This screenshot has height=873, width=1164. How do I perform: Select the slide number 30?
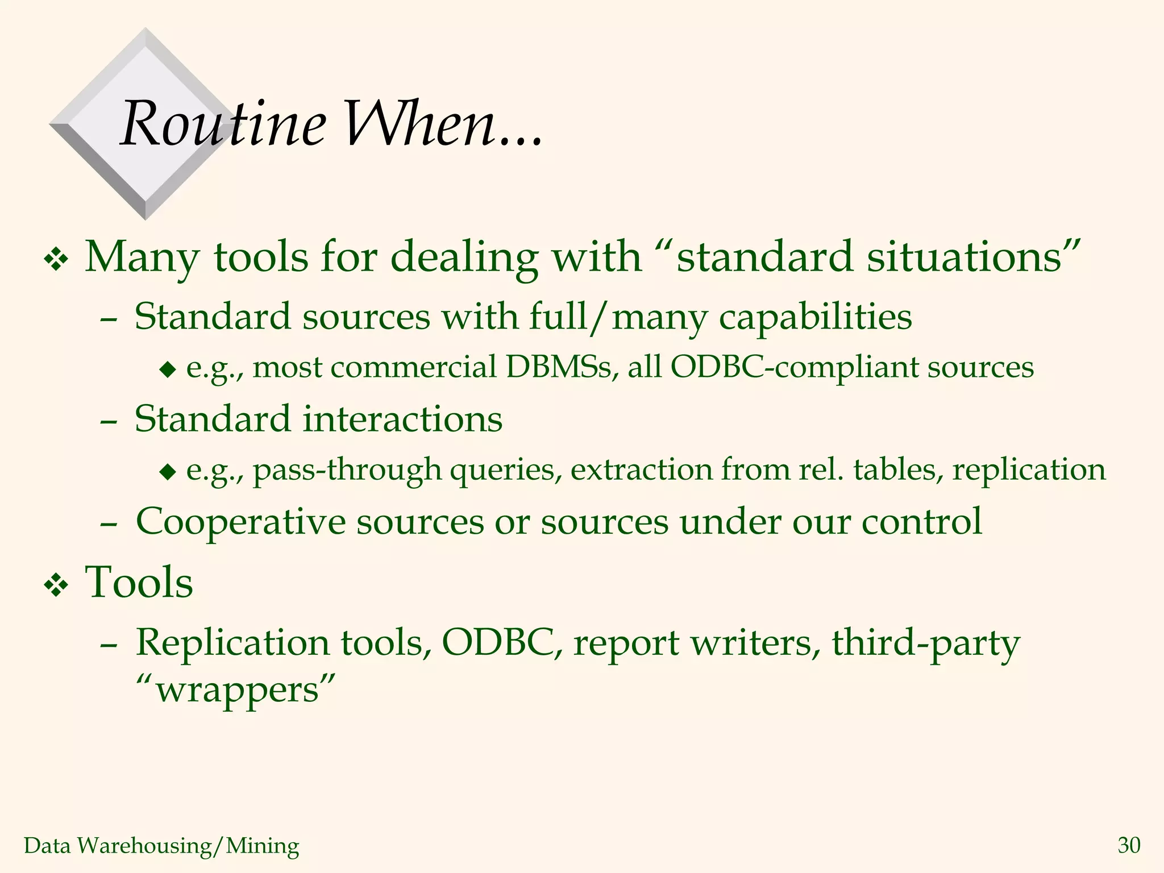coord(1129,846)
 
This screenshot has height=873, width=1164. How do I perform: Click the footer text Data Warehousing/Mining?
coord(161,846)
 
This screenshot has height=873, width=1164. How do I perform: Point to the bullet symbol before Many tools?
coord(56,260)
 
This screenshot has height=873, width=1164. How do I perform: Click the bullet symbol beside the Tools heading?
coord(56,586)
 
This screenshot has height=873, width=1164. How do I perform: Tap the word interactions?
coord(402,419)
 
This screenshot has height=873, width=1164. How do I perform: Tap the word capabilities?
coord(816,318)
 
